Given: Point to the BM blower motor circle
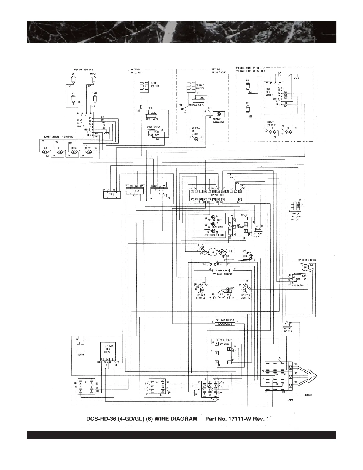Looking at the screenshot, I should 305,268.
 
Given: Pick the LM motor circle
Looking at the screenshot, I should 212,252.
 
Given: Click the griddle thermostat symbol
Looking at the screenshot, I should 219,114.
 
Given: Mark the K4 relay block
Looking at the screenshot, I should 157,387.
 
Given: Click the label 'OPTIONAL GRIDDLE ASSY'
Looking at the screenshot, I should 219,71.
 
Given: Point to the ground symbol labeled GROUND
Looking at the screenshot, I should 291,399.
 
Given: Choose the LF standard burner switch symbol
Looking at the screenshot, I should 59,152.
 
